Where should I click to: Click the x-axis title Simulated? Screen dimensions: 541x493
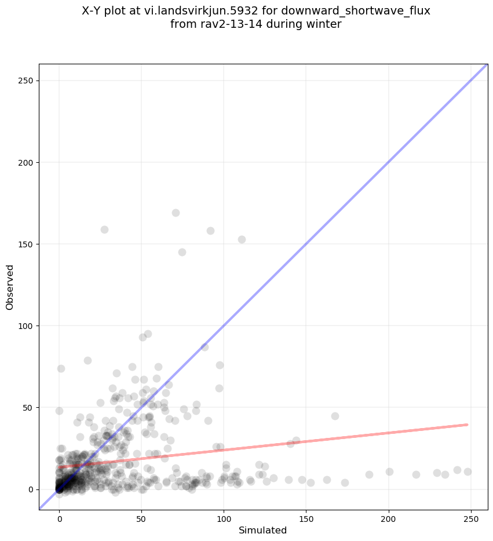(263, 530)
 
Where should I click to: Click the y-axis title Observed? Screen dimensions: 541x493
(10, 287)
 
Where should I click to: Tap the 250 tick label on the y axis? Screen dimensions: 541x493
(25, 81)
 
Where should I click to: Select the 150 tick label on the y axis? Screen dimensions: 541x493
(25, 244)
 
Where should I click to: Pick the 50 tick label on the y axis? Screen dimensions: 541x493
(28, 407)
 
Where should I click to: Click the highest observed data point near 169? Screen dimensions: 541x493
(176, 213)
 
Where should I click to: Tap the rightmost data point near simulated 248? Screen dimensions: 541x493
(468, 471)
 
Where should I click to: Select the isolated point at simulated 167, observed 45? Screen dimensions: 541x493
(335, 416)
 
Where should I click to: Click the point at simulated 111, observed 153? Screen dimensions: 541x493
(242, 239)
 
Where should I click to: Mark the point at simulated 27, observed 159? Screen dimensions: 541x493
(104, 229)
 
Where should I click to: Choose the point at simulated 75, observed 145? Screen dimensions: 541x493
(182, 252)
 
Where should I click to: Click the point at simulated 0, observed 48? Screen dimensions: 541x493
(59, 411)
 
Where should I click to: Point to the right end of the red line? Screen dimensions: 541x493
(467, 425)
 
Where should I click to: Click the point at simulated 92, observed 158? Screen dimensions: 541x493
(210, 231)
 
